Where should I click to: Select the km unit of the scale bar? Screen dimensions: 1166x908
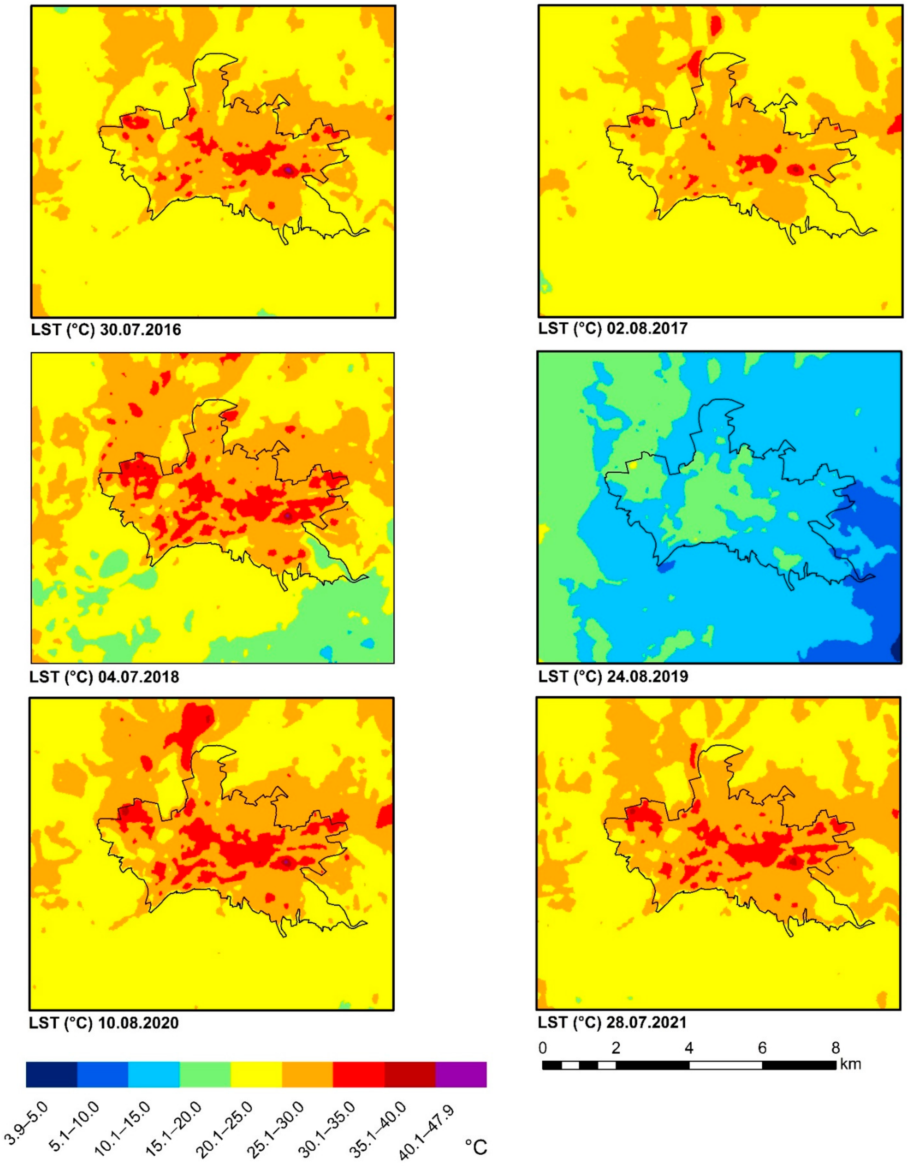tap(850, 1065)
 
